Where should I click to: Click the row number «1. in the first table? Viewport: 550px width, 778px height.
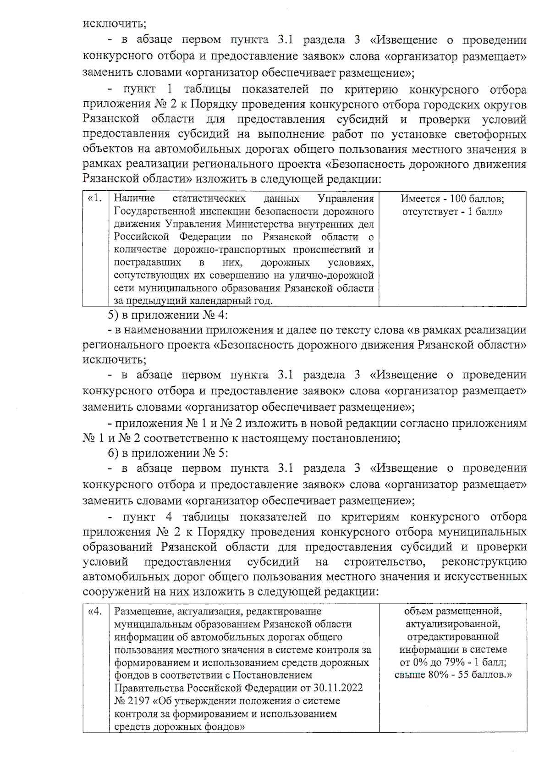pos(95,199)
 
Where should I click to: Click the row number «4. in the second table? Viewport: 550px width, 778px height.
pos(95,611)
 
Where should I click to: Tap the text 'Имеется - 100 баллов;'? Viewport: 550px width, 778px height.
pos(452,199)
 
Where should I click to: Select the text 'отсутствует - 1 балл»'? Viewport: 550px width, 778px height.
pos(452,212)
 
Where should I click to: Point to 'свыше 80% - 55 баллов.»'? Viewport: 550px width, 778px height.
pos(453,675)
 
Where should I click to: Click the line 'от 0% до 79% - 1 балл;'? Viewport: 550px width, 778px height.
pos(453,662)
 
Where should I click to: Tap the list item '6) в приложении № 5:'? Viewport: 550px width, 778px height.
pos(168,453)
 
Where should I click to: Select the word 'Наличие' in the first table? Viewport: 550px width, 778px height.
pos(134,199)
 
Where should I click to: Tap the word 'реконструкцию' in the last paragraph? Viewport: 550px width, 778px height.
pos(484,562)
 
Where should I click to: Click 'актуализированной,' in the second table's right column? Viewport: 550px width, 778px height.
pos(453,624)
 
